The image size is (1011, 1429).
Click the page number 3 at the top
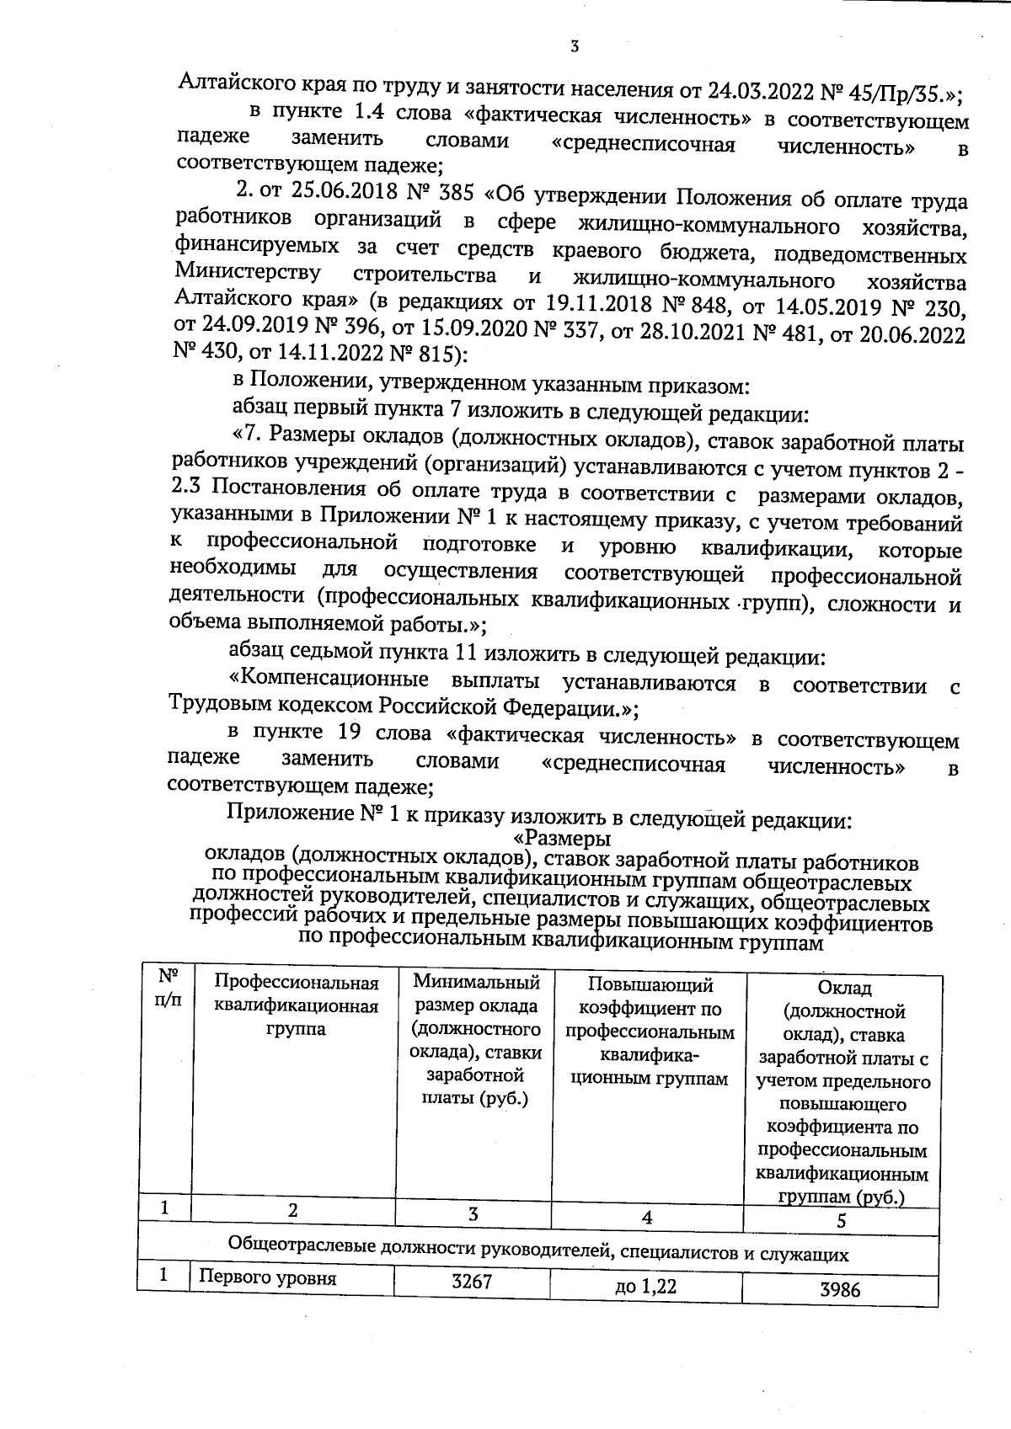(574, 47)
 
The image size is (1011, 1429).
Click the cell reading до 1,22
(645, 1287)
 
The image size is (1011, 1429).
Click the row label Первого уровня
(267, 1278)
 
